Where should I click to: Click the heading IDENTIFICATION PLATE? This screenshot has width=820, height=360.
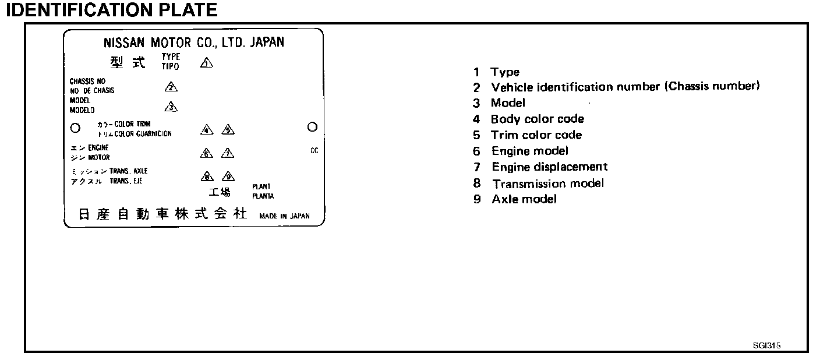point(111,10)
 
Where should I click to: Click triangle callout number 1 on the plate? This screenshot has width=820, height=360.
point(206,63)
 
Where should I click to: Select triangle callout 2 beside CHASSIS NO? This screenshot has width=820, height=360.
point(171,87)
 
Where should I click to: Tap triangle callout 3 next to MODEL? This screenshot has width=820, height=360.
point(171,107)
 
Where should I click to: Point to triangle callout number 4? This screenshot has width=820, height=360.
point(206,130)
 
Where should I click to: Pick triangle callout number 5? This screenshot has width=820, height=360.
point(228,130)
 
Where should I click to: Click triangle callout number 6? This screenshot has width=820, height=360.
point(206,154)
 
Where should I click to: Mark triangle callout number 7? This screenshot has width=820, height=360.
point(228,154)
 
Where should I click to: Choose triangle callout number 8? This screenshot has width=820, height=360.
point(206,177)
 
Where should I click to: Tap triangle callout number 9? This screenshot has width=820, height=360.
point(228,177)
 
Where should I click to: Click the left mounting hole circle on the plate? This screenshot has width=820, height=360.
point(75,128)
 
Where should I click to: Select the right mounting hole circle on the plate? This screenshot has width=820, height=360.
point(312,126)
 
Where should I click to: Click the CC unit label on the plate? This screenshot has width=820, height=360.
point(314,150)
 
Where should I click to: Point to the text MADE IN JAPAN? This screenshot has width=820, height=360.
point(285,216)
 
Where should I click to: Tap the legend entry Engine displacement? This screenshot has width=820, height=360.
point(549,167)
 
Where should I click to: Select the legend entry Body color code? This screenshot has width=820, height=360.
point(537,119)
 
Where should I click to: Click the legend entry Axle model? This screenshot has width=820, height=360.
point(524,199)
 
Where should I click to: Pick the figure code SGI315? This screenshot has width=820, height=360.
point(766,345)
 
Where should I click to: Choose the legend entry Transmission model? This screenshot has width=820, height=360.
point(547,183)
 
